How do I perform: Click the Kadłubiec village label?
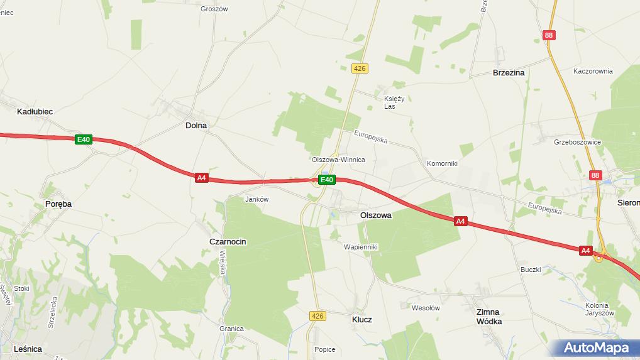(x=35, y=111)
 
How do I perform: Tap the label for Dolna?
(x=196, y=125)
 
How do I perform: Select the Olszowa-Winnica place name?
(x=338, y=160)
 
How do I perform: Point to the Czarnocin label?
(x=228, y=241)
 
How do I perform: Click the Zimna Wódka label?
(x=488, y=317)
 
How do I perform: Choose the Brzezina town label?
(x=509, y=73)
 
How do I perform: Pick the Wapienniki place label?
(x=360, y=247)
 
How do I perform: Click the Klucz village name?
(x=361, y=319)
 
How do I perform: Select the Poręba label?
(x=58, y=204)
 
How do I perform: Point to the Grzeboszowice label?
(x=577, y=142)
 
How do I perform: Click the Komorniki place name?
(x=442, y=163)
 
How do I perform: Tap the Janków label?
(x=257, y=199)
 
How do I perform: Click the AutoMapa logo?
(x=596, y=347)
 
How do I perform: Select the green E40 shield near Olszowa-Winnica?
(x=326, y=180)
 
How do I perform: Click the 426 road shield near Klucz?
(x=317, y=315)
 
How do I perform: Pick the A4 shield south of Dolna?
(x=201, y=178)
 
